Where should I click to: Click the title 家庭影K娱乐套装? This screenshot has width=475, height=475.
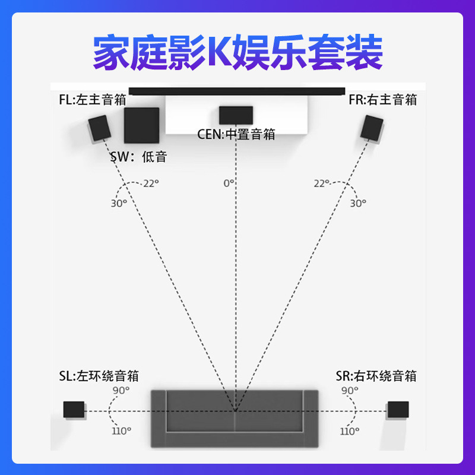[237, 52]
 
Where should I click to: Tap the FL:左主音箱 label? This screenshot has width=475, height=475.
[92, 99]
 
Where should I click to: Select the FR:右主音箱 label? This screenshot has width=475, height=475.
[382, 99]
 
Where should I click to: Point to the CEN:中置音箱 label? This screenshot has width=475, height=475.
[236, 134]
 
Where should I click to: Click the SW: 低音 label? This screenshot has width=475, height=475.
[138, 157]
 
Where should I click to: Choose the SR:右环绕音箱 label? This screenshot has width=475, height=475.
[376, 376]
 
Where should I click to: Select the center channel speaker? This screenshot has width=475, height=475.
[236, 115]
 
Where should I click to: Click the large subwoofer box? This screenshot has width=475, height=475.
[141, 125]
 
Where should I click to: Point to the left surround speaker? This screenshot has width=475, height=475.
[74, 409]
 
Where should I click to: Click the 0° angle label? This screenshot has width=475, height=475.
[229, 183]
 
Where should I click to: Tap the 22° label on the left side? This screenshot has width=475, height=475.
[151, 183]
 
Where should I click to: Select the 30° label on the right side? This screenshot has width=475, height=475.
[358, 203]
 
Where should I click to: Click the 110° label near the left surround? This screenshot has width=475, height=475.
[122, 430]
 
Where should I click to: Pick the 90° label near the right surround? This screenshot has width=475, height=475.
[350, 390]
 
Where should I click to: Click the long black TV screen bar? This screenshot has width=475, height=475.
[236, 91]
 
